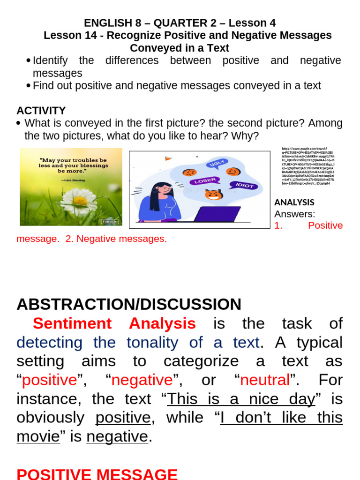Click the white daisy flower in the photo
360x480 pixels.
click(x=78, y=201)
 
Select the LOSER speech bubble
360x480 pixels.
click(x=205, y=180)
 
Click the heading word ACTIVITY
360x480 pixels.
click(x=41, y=111)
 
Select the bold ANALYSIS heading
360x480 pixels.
click(x=294, y=202)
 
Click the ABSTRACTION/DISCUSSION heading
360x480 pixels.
click(x=129, y=304)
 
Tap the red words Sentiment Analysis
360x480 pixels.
click(x=114, y=323)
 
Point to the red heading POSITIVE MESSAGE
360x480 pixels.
click(x=97, y=473)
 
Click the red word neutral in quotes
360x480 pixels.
click(x=264, y=380)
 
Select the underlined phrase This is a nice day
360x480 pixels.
click(x=241, y=398)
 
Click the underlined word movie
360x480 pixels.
click(x=38, y=436)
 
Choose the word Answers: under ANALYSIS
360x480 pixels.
click(x=294, y=214)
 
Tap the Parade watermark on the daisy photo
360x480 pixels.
click(x=110, y=221)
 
